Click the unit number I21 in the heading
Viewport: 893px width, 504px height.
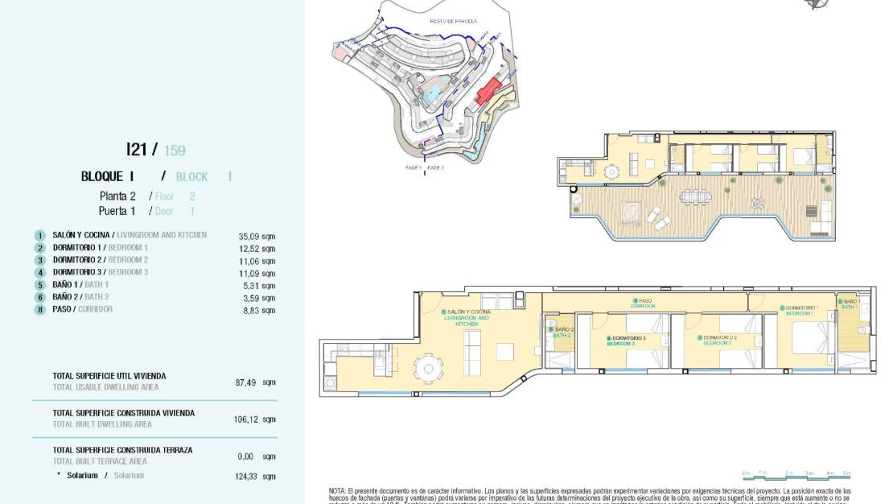click(x=138, y=150)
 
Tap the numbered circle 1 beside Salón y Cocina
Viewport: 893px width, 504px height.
click(x=39, y=236)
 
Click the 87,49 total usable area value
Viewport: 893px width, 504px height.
click(x=246, y=382)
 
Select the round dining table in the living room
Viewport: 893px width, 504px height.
click(x=426, y=368)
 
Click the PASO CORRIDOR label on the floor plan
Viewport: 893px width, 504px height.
click(x=643, y=304)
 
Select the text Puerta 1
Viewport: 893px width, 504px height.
click(x=117, y=211)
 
